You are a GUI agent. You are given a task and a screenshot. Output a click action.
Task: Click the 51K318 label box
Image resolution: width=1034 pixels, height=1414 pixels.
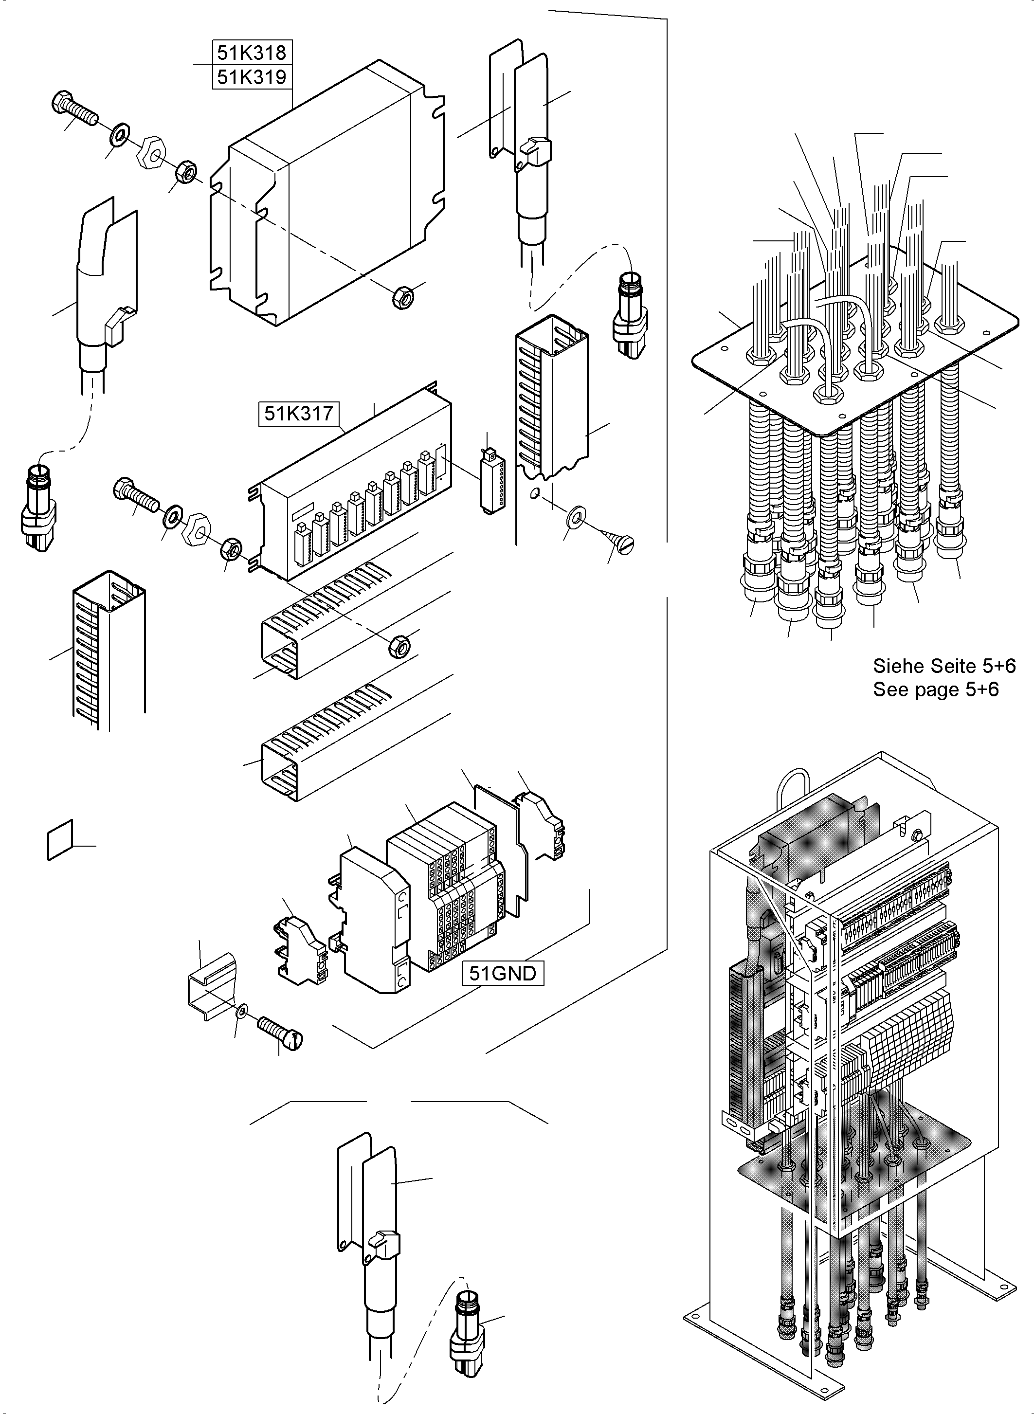point(252,52)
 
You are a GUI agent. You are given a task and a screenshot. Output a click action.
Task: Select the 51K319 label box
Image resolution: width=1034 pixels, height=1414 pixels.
point(252,77)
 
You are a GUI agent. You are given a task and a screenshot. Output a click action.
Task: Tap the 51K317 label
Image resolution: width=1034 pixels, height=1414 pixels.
point(299,414)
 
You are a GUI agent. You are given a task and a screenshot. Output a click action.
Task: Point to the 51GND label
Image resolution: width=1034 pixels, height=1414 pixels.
point(503,973)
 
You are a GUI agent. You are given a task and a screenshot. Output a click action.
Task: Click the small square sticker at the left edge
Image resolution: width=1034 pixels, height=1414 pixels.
point(60,839)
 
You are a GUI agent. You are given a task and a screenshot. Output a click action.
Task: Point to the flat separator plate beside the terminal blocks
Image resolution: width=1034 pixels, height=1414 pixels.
point(501,850)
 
